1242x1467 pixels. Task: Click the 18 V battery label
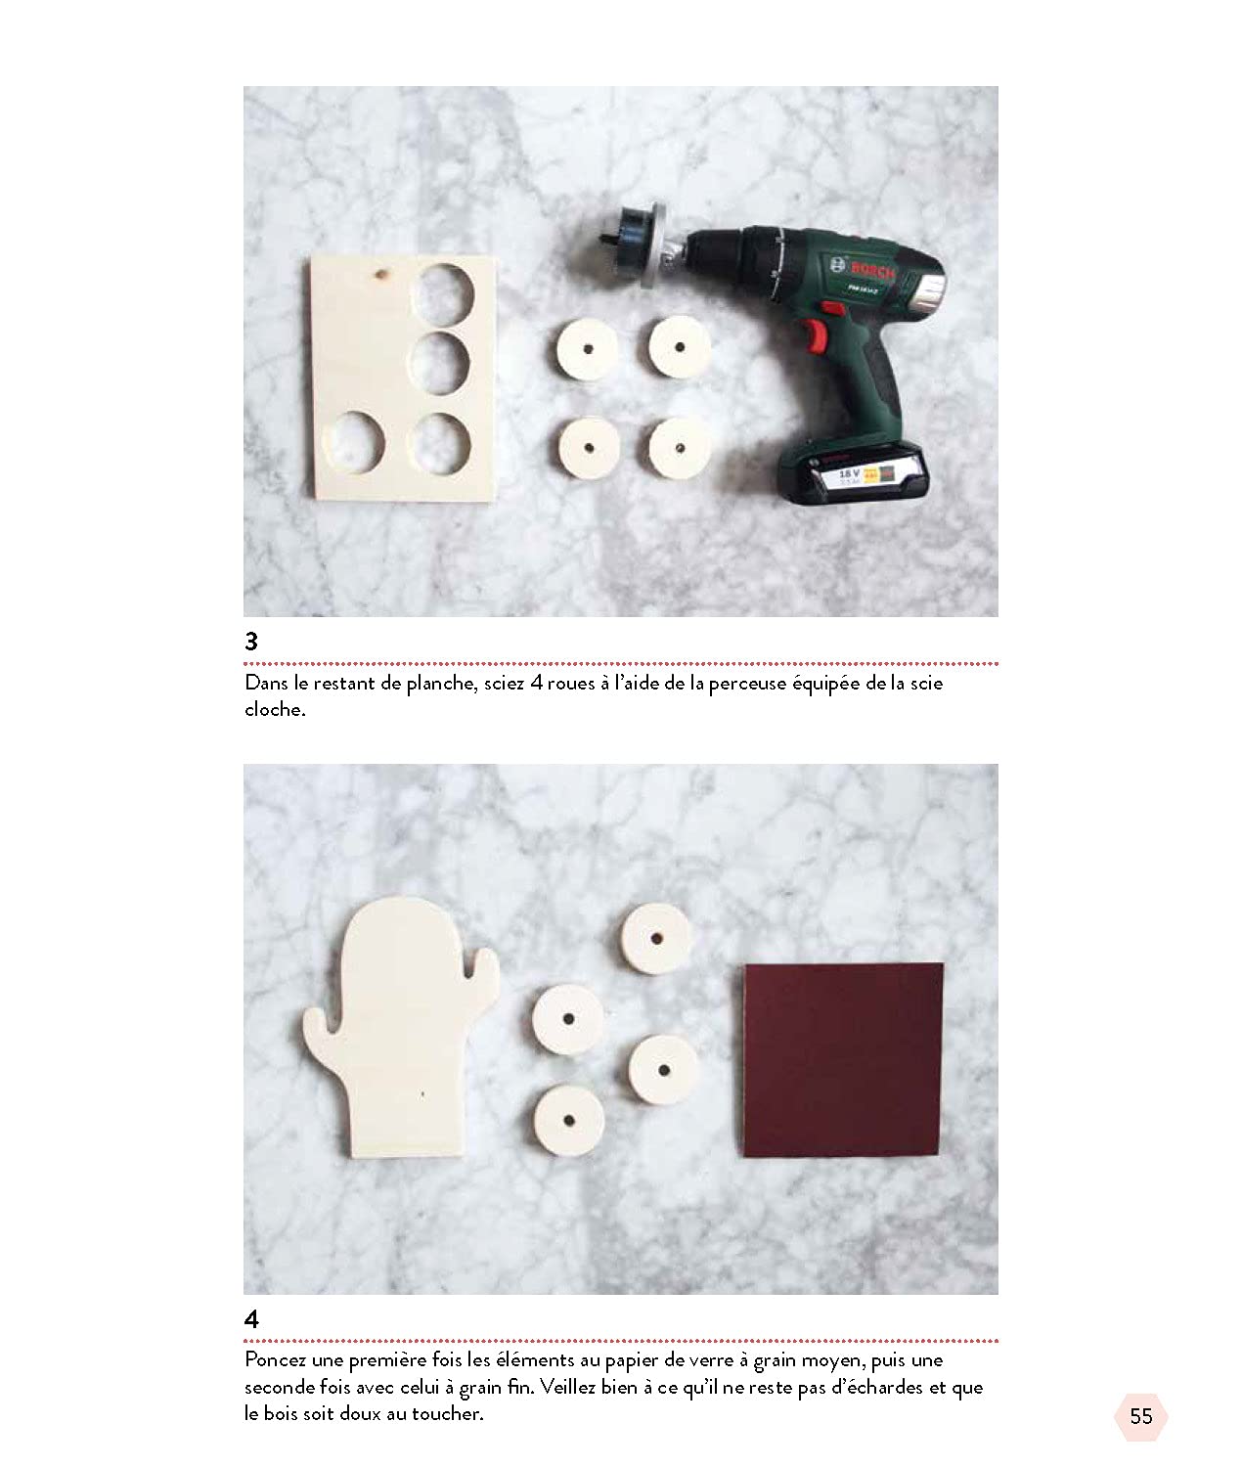[849, 472]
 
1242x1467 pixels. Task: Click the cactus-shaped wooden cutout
[402, 1026]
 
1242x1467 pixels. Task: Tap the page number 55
[1140, 1416]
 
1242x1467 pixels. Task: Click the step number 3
[251, 641]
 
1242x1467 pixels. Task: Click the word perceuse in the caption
[747, 684]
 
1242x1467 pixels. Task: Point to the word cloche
[275, 709]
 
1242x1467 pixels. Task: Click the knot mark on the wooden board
[382, 274]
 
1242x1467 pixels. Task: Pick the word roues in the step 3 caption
[570, 685]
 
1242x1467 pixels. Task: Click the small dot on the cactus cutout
[423, 1094]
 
